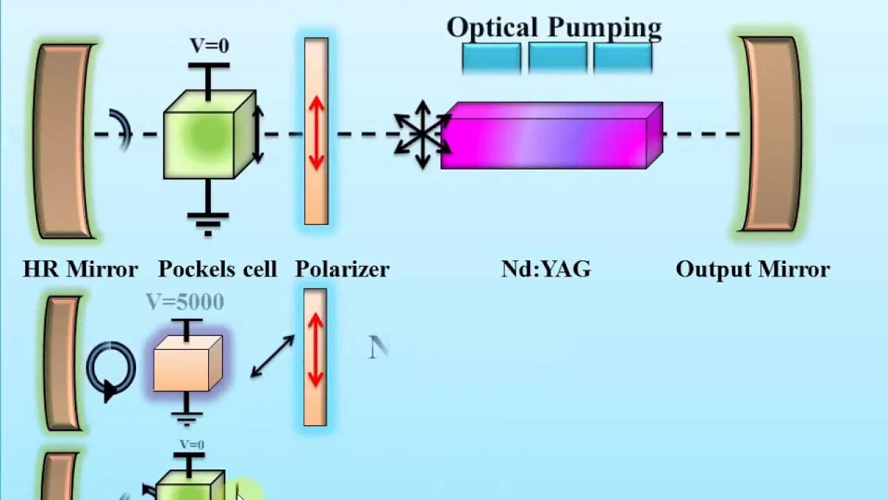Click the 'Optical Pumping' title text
[554, 28]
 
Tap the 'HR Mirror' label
[80, 269]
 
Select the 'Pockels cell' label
[217, 269]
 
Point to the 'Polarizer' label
[342, 269]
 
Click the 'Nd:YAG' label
[546, 269]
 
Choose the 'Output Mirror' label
[753, 269]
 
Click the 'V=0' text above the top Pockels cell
[209, 46]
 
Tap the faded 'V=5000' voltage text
[185, 302]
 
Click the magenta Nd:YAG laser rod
[548, 137]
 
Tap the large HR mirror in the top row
[64, 141]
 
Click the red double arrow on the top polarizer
[316, 133]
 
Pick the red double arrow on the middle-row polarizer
[316, 350]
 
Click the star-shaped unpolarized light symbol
[422, 134]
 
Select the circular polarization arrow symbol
[111, 368]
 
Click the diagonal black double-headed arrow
[272, 356]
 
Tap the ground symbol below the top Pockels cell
[207, 220]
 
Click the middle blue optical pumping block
[557, 58]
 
